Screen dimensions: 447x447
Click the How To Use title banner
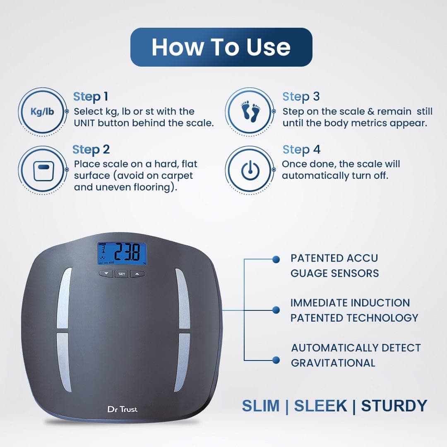221,47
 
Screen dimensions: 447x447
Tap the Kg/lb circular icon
43,112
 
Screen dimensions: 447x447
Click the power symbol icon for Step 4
250,170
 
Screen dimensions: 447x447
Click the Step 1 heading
91,96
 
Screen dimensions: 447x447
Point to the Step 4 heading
301,149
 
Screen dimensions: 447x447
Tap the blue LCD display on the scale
122,253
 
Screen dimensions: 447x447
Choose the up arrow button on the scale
137,274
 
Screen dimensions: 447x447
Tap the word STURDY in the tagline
394,406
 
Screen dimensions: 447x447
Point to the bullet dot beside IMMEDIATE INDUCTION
276,310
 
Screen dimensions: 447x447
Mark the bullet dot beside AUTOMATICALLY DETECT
276,360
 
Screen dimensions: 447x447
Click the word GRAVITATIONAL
333,363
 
